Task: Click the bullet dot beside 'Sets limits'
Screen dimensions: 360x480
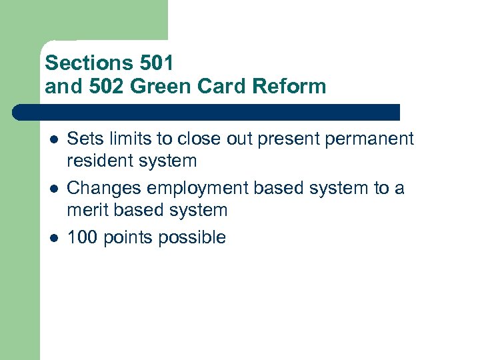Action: point(53,140)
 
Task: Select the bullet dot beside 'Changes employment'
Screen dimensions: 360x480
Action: point(53,189)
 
